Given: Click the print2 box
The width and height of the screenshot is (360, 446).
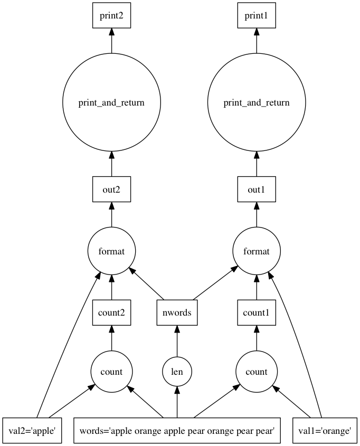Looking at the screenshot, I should [x=111, y=16].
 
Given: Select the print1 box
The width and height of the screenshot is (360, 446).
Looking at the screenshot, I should [x=257, y=16].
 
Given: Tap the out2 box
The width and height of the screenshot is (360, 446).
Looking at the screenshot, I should [x=111, y=190].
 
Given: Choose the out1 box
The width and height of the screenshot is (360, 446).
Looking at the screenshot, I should [x=257, y=190].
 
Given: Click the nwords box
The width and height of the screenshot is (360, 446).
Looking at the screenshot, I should [x=177, y=313].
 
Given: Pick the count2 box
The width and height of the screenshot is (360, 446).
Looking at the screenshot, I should [x=111, y=313].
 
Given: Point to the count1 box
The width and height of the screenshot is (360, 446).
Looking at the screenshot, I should [x=257, y=313].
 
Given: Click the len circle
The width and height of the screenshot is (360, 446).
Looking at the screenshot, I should [x=177, y=372].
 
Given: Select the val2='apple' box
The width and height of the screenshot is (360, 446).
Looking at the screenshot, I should [x=33, y=431].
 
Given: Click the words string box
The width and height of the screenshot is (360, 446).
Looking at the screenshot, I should [x=177, y=431].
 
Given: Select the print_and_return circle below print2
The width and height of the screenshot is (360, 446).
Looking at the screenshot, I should [x=111, y=102].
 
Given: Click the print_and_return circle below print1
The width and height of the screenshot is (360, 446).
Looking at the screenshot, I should [x=257, y=102].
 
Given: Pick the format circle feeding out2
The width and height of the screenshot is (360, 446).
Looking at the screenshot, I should [x=111, y=251].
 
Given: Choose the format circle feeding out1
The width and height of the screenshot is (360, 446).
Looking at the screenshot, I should [x=257, y=251].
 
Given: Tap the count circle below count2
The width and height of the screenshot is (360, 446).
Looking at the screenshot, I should [x=111, y=372].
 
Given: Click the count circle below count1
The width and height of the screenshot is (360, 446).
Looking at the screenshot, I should [x=257, y=372].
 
